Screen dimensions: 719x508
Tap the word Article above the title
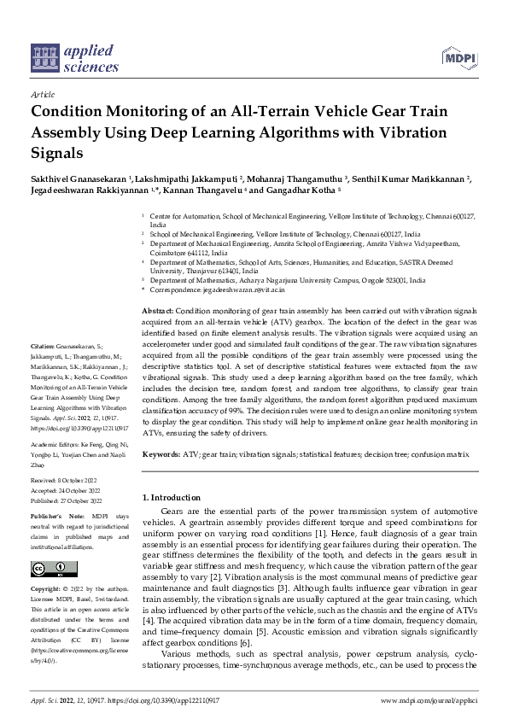point(43,95)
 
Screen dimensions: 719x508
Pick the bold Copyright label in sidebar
point(46,589)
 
